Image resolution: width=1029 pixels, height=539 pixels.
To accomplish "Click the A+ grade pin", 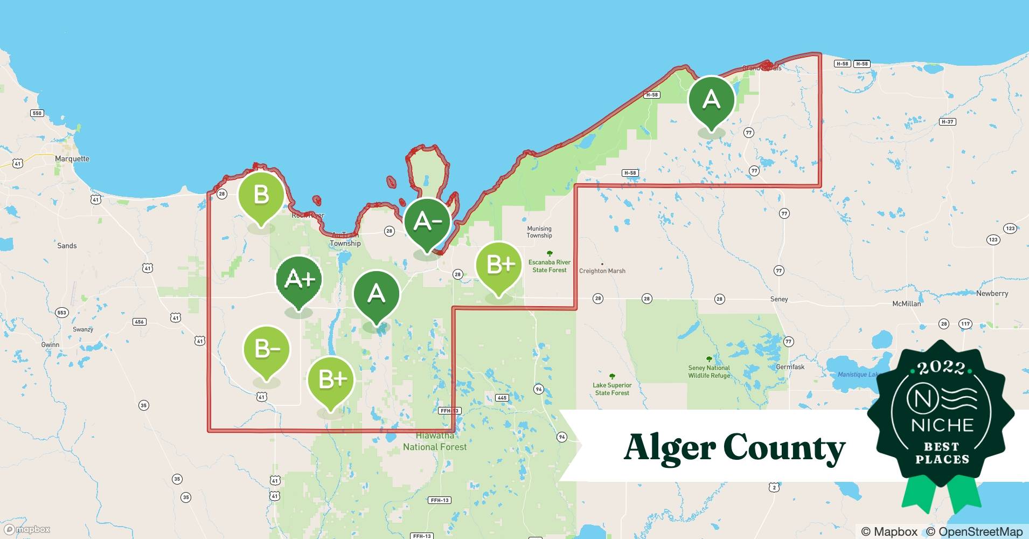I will (299, 280).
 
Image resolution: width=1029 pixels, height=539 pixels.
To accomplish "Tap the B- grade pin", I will (267, 349).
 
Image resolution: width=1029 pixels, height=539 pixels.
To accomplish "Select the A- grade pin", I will (427, 222).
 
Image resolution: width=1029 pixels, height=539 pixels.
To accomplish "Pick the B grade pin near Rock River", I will (261, 195).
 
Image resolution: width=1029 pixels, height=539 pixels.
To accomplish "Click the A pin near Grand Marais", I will (712, 100).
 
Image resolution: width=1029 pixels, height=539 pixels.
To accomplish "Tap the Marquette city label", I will (72, 158).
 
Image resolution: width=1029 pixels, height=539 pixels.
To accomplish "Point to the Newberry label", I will (992, 294).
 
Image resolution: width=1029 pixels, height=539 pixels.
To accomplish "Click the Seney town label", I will (779, 299).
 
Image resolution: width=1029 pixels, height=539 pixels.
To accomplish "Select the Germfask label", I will (790, 367).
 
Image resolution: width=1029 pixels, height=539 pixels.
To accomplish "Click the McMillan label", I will (907, 304).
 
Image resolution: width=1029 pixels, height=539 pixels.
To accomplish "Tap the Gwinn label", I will (50, 345).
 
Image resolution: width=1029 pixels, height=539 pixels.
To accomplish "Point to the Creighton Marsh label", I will (602, 271).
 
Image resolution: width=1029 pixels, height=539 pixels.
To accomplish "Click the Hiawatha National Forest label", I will (435, 441).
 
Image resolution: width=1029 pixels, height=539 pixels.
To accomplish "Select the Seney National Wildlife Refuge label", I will (709, 371).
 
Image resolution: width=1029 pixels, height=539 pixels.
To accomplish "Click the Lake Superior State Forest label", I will (612, 389).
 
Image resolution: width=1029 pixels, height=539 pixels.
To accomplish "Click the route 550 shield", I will (37, 113).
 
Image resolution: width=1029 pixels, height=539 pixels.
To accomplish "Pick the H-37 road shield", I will (947, 122).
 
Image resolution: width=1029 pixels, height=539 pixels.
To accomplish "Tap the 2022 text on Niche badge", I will (942, 368).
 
